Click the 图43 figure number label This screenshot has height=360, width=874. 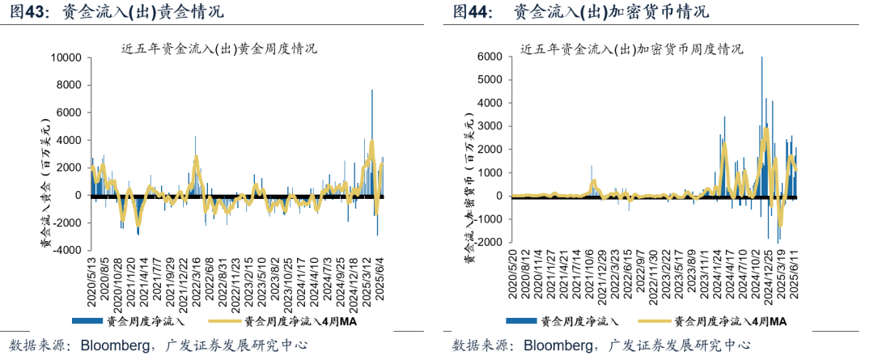(28, 12)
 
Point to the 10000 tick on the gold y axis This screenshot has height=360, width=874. (67, 58)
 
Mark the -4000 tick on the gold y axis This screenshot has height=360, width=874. (69, 251)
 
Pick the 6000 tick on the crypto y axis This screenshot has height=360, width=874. (491, 57)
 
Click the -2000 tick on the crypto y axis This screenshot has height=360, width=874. (489, 243)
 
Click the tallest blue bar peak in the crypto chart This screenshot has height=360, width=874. (762, 57)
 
